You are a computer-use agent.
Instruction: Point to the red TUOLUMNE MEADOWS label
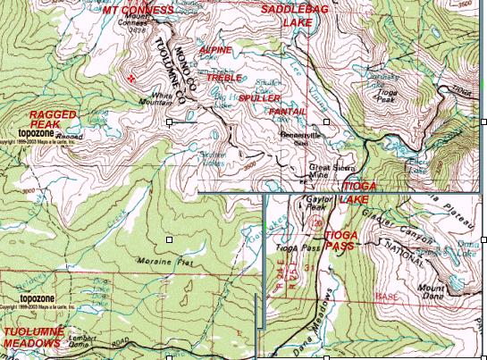tap(32, 337)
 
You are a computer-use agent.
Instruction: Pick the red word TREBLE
tap(224, 78)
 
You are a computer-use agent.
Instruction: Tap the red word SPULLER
tap(260, 96)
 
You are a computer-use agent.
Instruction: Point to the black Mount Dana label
tap(432, 292)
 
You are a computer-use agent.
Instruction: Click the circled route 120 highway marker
tap(292, 222)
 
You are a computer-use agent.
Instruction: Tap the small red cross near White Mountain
tap(132, 78)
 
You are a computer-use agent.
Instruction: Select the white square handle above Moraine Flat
tap(170, 239)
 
